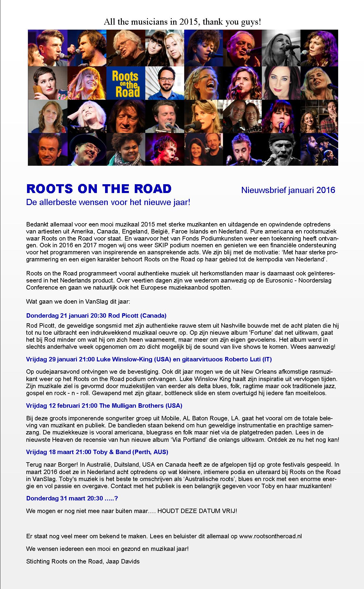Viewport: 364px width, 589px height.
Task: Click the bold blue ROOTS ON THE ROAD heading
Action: point(99,189)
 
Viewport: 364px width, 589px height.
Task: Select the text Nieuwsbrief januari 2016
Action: point(288,190)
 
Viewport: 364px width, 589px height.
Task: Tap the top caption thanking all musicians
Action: point(182,22)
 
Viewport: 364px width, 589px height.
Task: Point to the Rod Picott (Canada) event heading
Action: point(96,316)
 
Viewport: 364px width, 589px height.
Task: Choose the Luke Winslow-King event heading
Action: point(149,359)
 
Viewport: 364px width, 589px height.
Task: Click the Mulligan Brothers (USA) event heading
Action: point(104,406)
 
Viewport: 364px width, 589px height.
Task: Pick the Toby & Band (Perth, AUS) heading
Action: point(97,452)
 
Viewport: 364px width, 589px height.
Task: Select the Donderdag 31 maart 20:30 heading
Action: point(72,498)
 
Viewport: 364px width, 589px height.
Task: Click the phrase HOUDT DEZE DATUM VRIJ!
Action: point(197,511)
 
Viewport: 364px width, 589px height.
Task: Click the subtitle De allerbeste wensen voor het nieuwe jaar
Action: point(108,202)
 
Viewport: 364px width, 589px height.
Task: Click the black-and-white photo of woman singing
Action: point(281,48)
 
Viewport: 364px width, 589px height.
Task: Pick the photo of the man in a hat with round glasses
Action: point(87,149)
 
